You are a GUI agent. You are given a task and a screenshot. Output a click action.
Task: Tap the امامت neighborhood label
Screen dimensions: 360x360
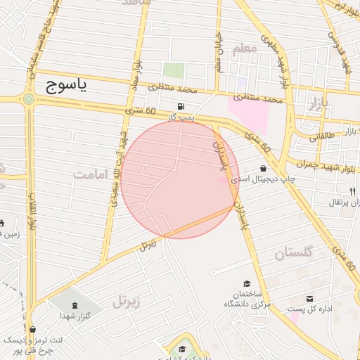[92, 173]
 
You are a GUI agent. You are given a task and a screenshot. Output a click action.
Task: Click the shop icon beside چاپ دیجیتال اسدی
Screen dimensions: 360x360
[263, 169]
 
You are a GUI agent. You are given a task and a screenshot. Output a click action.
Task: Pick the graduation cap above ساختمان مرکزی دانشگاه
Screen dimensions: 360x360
[246, 282]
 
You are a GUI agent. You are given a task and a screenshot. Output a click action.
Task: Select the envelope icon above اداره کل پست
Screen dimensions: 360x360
[310, 300]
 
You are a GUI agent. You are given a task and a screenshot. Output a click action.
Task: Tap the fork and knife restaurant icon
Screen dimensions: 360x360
[352, 191]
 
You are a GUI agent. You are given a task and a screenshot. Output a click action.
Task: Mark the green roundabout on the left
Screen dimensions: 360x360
[28, 99]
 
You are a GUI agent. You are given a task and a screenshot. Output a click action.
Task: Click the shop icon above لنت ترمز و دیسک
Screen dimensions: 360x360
[32, 329]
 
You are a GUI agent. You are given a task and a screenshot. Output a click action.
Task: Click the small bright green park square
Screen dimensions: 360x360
[174, 71]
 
